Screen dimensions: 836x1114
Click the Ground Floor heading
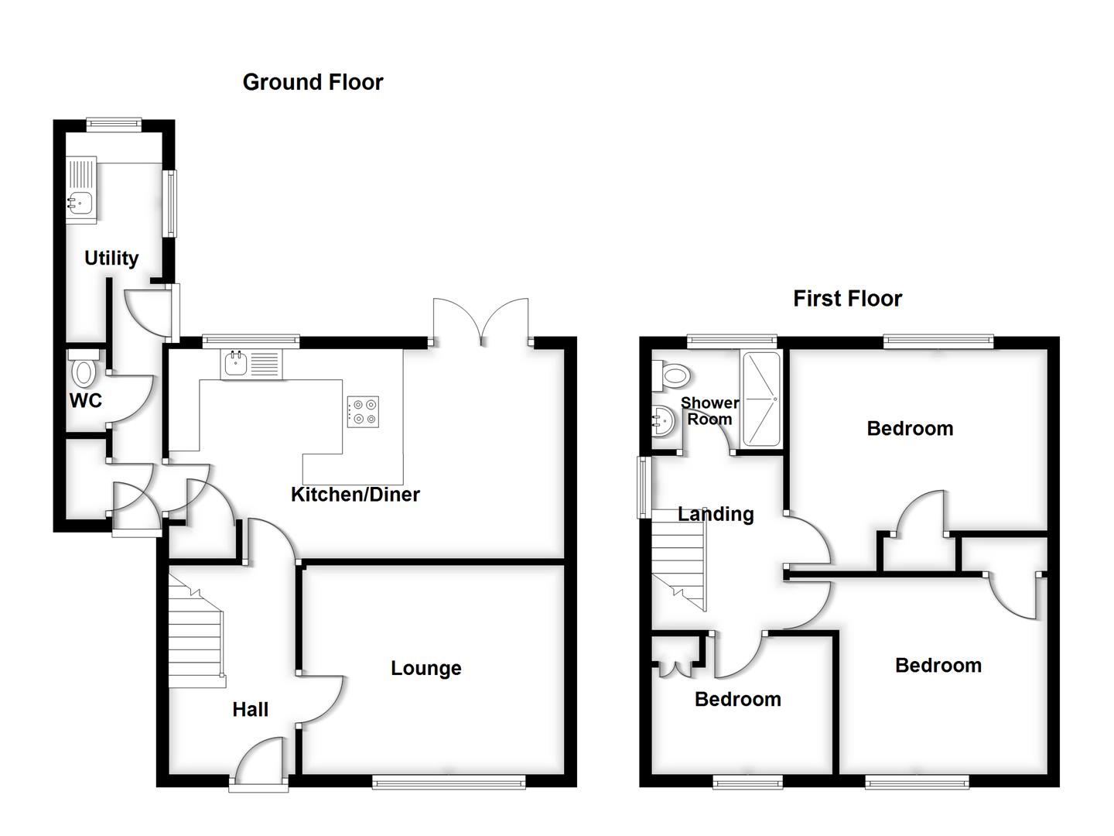(313, 82)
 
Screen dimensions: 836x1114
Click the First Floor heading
(847, 299)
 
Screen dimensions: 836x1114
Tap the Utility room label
(111, 258)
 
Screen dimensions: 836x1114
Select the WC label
(85, 401)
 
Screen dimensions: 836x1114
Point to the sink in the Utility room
(80, 203)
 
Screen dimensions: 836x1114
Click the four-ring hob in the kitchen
(364, 411)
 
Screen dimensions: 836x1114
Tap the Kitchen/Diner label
(355, 495)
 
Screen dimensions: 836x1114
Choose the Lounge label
(425, 668)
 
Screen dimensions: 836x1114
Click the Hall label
(250, 709)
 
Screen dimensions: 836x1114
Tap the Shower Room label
(709, 411)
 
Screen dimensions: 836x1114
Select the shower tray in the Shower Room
(761, 399)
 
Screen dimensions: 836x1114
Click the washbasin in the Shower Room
(662, 423)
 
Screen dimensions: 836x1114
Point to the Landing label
(716, 514)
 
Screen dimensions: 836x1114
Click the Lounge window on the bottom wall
(449, 783)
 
